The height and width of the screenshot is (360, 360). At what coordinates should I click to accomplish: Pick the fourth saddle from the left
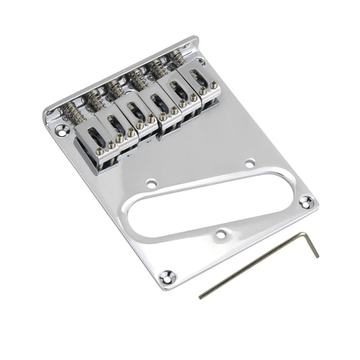pyautogui.click(x=158, y=104)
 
